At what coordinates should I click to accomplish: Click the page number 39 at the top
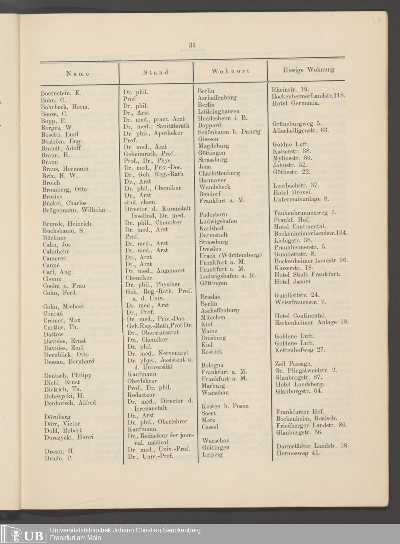pyautogui.click(x=192, y=45)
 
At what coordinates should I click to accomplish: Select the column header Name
pyautogui.click(x=78, y=73)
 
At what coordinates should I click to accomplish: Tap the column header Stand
pyautogui.click(x=156, y=72)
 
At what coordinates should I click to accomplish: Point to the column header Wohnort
pyautogui.click(x=230, y=71)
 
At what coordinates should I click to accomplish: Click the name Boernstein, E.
pyautogui.click(x=61, y=93)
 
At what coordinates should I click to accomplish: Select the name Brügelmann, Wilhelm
pyautogui.click(x=74, y=210)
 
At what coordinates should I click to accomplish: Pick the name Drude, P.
pyautogui.click(x=58, y=458)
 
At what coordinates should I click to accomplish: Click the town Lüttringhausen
pyautogui.click(x=219, y=111)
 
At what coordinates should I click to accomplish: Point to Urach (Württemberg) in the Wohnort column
pyautogui.click(x=231, y=255)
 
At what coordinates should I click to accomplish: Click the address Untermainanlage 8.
pyautogui.click(x=301, y=199)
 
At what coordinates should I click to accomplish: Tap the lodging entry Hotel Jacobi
pyautogui.click(x=292, y=281)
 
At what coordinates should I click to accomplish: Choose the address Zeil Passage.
pyautogui.click(x=293, y=364)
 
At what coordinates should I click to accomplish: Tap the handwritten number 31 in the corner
pyautogui.click(x=376, y=21)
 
